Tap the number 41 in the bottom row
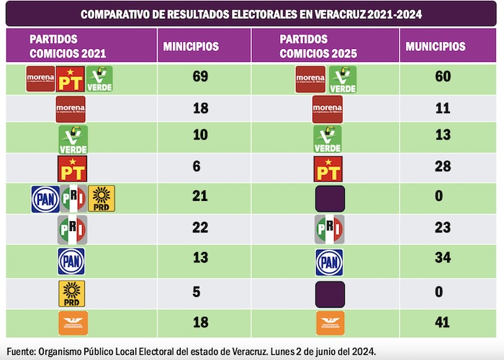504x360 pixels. click(443, 323)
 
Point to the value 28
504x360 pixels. click(443, 167)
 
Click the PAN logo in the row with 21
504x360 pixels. click(45, 198)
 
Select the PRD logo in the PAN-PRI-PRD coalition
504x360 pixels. click(102, 198)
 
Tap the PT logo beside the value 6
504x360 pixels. click(71, 168)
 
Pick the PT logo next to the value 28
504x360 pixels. click(329, 168)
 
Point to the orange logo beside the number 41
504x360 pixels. click(330, 323)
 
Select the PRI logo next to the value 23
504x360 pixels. click(329, 230)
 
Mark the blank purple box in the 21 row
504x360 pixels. click(330, 198)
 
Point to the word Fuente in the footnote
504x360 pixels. click(20, 351)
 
